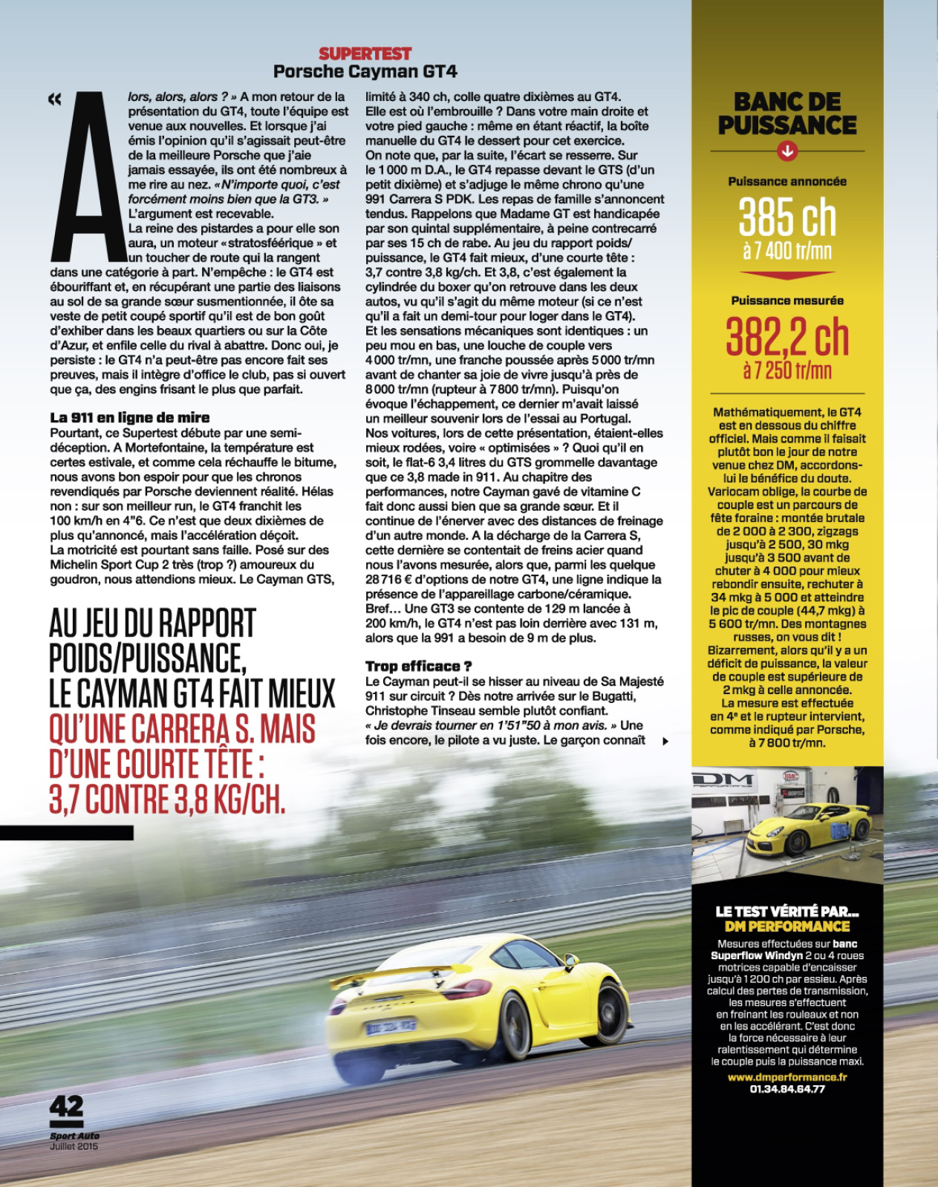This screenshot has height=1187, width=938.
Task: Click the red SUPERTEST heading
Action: click(x=365, y=53)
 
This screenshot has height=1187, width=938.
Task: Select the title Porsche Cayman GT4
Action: click(x=365, y=72)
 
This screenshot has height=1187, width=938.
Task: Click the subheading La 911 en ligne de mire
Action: click(x=130, y=417)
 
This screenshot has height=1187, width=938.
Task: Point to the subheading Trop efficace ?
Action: click(x=418, y=666)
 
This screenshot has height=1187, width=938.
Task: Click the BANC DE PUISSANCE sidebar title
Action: click(x=787, y=114)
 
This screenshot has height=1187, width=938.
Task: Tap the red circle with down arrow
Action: click(x=787, y=151)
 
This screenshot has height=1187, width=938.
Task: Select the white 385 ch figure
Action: click(x=787, y=218)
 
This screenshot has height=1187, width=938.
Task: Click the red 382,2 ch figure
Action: click(x=787, y=338)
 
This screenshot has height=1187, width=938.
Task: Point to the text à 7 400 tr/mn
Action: click(x=787, y=251)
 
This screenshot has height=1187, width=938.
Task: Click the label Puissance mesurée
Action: click(x=787, y=301)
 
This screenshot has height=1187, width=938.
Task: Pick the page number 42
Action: click(x=67, y=1107)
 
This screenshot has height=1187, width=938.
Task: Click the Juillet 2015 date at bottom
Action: click(x=74, y=1146)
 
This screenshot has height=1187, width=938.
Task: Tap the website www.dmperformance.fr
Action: click(x=787, y=1076)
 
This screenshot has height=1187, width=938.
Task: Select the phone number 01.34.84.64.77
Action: click(x=787, y=1089)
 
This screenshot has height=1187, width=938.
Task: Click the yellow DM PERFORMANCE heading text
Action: click(x=787, y=926)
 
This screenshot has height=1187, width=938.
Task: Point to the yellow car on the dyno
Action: click(x=809, y=828)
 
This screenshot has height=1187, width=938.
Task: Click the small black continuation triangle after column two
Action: click(x=665, y=741)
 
